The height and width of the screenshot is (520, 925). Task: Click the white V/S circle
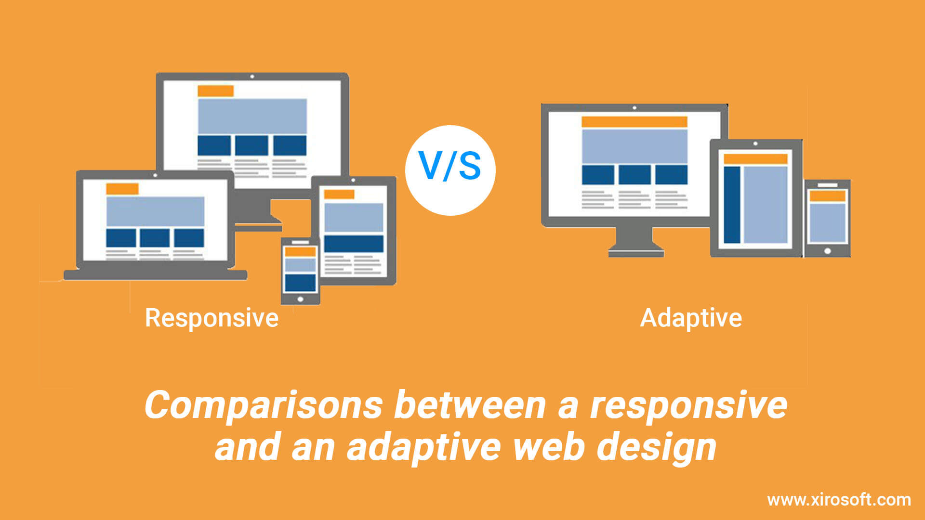pyautogui.click(x=450, y=170)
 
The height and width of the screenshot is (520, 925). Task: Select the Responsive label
pyautogui.click(x=212, y=318)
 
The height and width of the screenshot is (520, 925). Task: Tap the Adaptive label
pyautogui.click(x=691, y=318)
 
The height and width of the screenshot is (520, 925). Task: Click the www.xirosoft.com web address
pyautogui.click(x=839, y=500)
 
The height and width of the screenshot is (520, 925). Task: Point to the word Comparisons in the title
pyautogui.click(x=264, y=406)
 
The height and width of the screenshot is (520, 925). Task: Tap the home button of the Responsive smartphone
pyautogui.click(x=300, y=299)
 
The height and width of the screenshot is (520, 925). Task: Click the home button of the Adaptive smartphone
pyautogui.click(x=827, y=251)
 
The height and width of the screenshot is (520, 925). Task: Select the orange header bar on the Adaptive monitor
pyautogui.click(x=634, y=122)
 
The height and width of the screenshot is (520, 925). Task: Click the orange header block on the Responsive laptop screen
pyautogui.click(x=122, y=189)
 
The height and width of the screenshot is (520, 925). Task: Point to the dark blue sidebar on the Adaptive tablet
pyautogui.click(x=732, y=205)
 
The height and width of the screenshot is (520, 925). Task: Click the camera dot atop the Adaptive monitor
pyautogui.click(x=634, y=108)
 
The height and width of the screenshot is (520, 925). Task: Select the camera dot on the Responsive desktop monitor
pyautogui.click(x=252, y=77)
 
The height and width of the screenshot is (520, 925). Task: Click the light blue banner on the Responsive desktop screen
pyautogui.click(x=252, y=116)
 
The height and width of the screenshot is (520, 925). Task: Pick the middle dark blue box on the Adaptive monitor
pyautogui.click(x=634, y=175)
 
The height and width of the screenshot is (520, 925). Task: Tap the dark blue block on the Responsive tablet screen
pyautogui.click(x=354, y=244)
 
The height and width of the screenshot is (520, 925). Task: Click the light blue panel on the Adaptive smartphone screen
pyautogui.click(x=827, y=223)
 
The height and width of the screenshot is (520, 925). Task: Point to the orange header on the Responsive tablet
pyautogui.click(x=339, y=195)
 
